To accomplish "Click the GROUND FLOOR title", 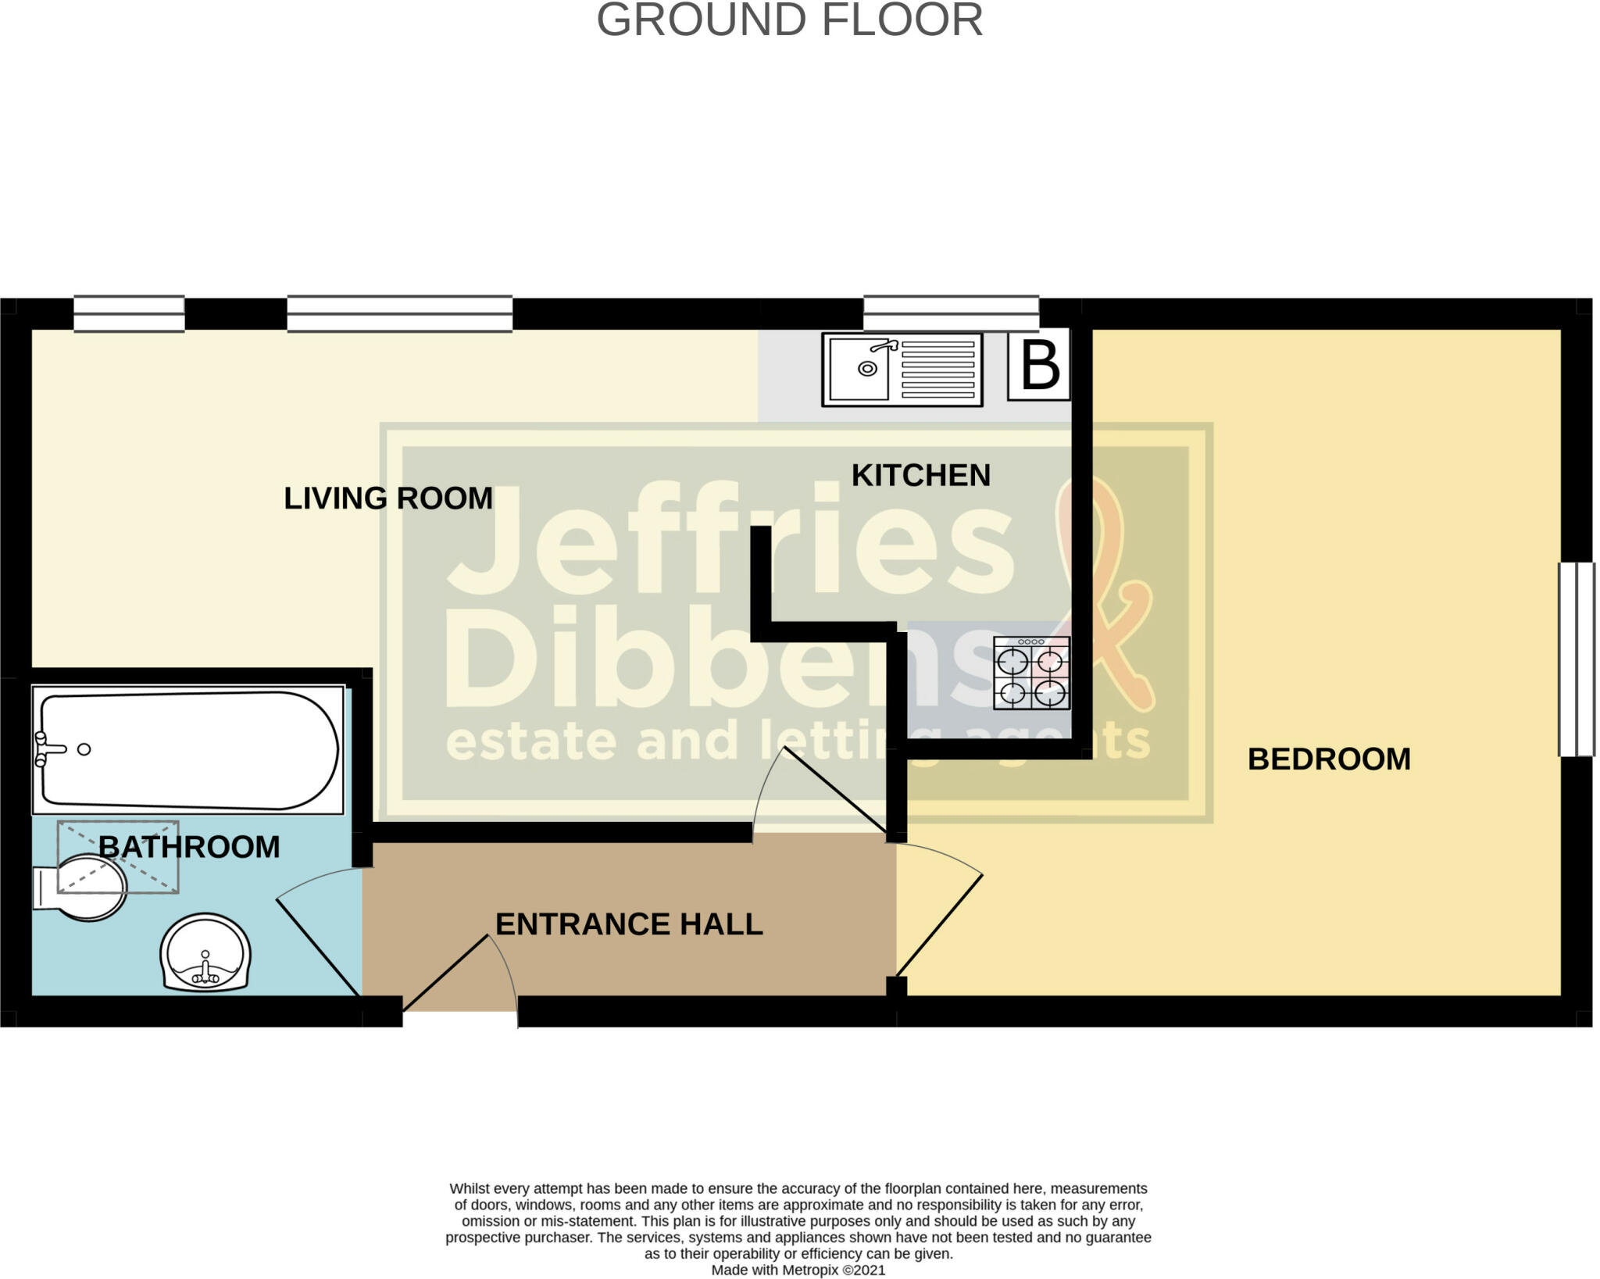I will [789, 20].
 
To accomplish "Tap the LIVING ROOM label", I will [387, 498].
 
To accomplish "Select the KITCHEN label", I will [920, 475].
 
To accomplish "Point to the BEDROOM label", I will [1328, 759].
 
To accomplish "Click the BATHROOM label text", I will [189, 847].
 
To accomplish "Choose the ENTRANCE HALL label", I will [629, 924].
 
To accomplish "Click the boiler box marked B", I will [1039, 366].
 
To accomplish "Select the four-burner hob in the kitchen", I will [1031, 673].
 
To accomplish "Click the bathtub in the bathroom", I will [187, 750].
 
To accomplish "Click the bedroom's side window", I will [1576, 659].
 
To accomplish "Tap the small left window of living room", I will [129, 313].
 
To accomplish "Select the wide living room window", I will [399, 313].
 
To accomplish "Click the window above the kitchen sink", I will [950, 313].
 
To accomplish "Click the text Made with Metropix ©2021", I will [798, 1270].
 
